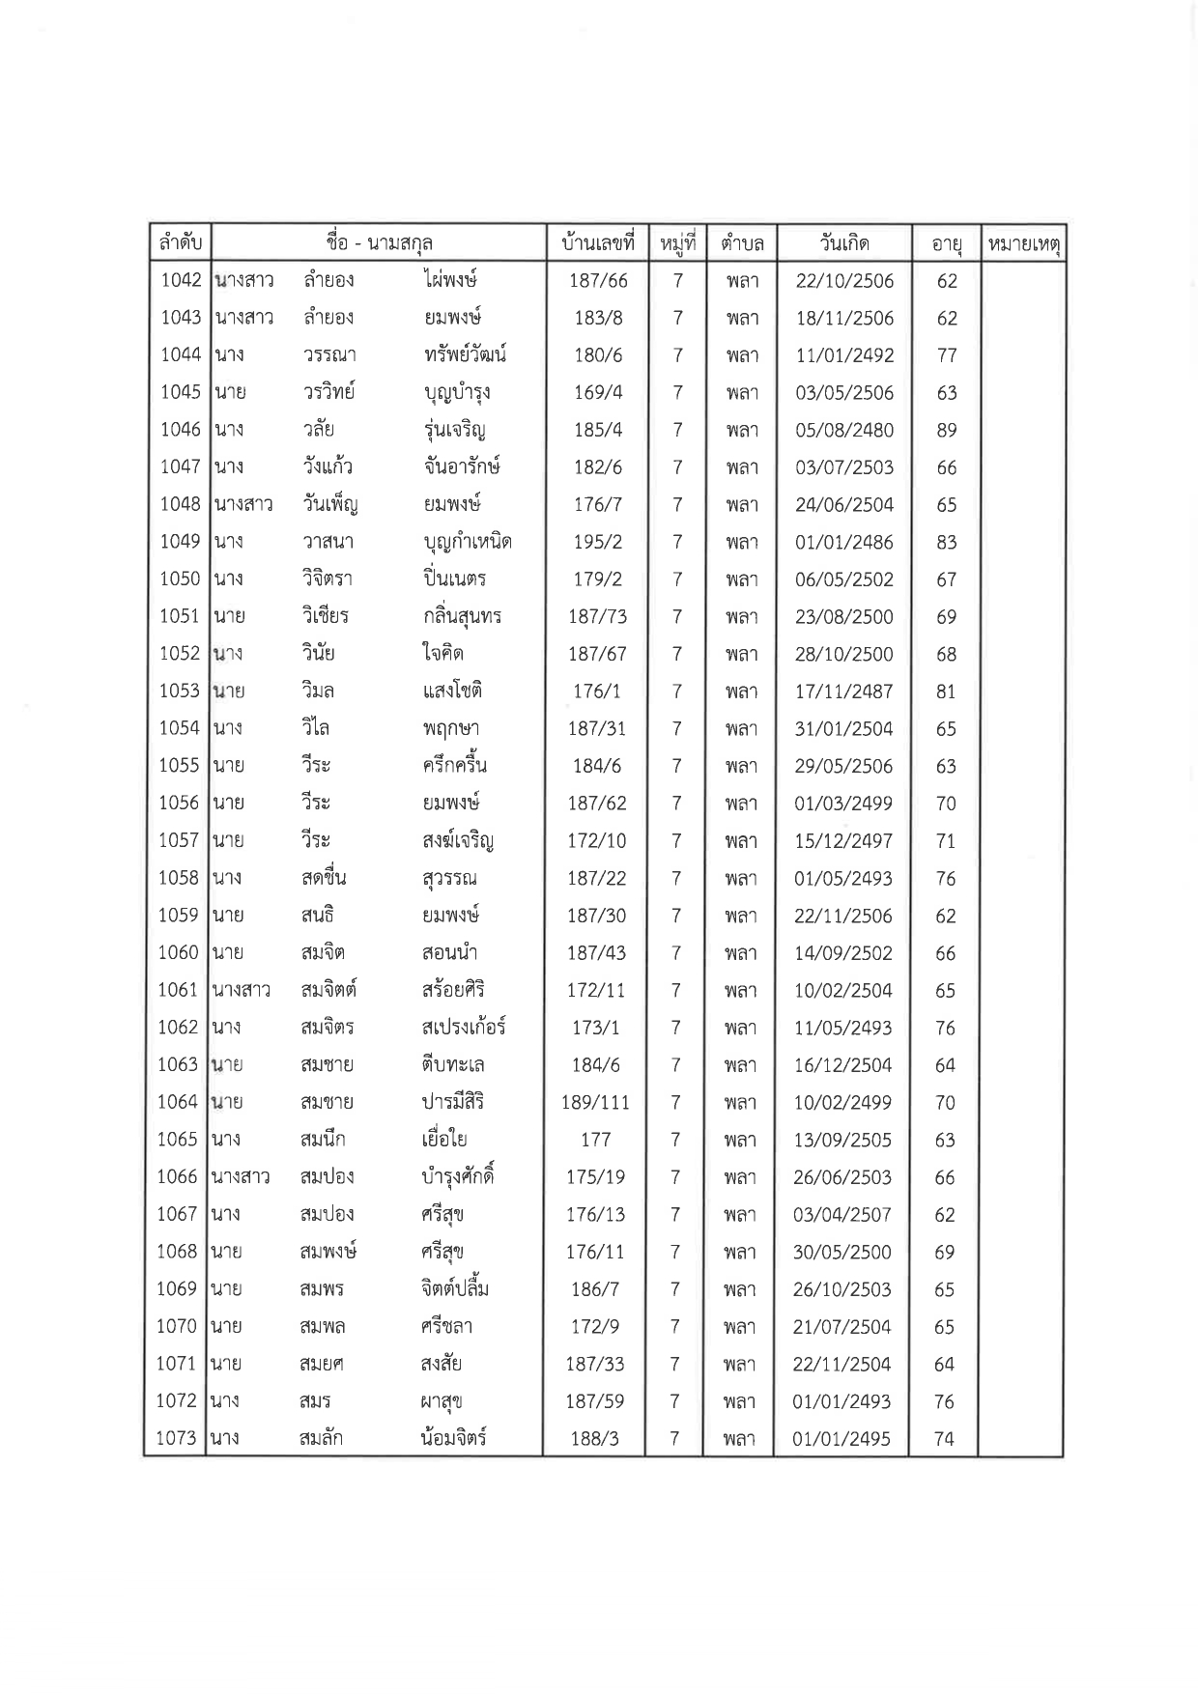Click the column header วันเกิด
[x=844, y=243]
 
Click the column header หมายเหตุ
[x=1022, y=245]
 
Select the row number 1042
[x=181, y=280]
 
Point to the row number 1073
[x=176, y=1438]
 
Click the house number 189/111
[x=595, y=1102]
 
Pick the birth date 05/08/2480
[x=844, y=430]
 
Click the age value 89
[x=947, y=430]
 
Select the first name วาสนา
[x=328, y=542]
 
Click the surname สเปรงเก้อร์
[x=457, y=1028]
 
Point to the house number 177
[x=595, y=1140]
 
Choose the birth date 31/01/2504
[x=843, y=729]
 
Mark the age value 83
[x=947, y=542]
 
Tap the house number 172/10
[x=597, y=841]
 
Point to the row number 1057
[x=179, y=841]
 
